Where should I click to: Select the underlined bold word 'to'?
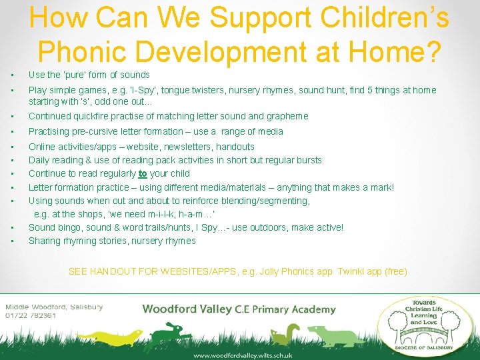(143, 174)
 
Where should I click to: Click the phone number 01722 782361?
(31, 316)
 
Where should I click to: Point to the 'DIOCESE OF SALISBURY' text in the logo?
(424, 347)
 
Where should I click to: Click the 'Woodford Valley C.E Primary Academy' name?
(239, 309)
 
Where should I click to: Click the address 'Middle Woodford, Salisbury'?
(53, 307)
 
